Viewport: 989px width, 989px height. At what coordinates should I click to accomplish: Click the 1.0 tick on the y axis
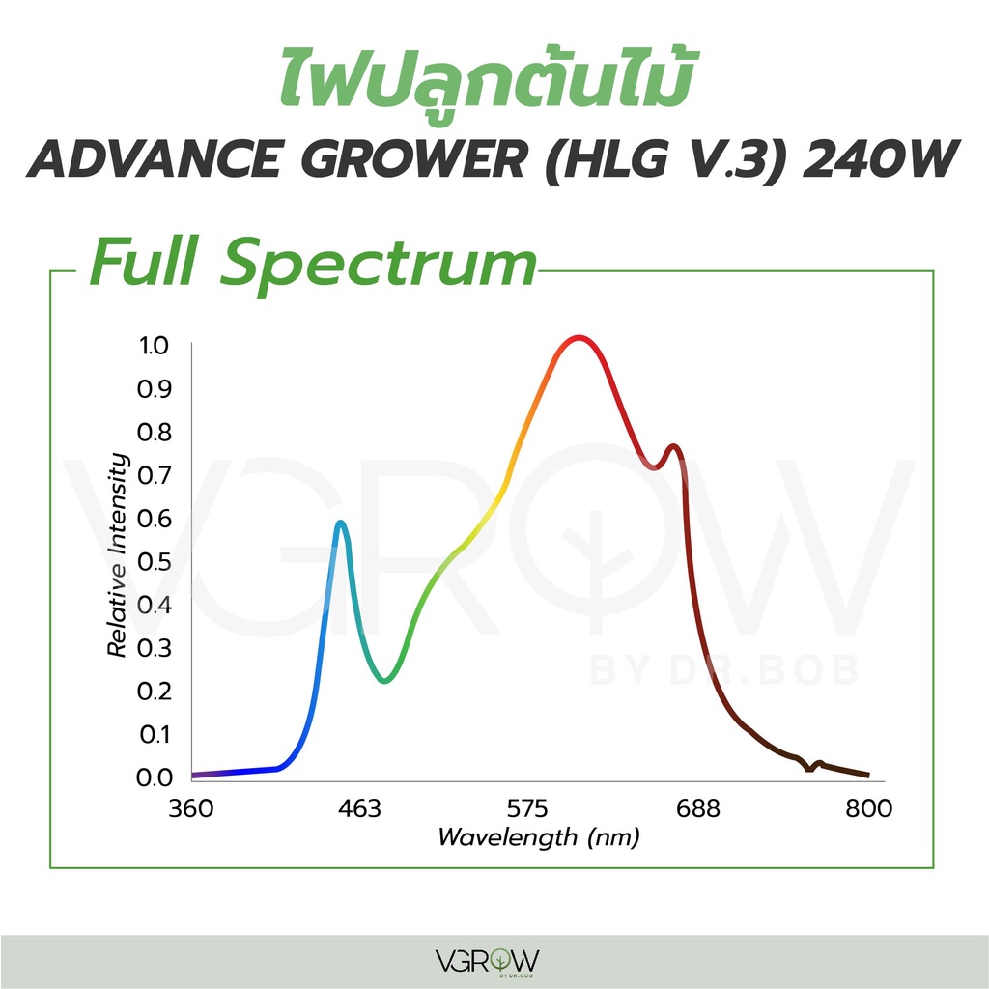point(154,345)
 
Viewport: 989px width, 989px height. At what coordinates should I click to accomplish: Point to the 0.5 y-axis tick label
point(154,561)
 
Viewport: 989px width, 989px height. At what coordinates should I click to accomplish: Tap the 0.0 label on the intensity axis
point(154,777)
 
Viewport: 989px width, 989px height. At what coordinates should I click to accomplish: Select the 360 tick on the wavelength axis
point(191,808)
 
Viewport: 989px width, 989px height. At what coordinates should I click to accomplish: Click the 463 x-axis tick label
point(359,808)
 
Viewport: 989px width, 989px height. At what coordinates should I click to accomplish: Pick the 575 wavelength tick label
point(528,808)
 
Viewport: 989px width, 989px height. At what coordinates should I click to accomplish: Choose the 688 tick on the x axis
point(697,808)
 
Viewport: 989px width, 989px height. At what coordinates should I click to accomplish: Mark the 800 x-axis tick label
point(868,808)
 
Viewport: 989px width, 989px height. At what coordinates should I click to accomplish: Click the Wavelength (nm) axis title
point(539,837)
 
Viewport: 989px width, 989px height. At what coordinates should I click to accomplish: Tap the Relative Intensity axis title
point(117,555)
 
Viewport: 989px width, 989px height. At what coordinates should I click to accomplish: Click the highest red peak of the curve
point(579,339)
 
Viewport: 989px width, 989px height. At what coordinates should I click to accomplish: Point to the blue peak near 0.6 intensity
point(341,523)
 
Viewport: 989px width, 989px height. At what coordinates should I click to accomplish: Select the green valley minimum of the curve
point(384,680)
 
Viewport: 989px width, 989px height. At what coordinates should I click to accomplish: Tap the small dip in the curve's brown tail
point(810,767)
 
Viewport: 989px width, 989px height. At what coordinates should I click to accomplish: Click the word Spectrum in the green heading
point(378,263)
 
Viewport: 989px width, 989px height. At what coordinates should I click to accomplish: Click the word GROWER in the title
point(417,159)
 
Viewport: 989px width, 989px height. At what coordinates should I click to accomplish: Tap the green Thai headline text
point(487,77)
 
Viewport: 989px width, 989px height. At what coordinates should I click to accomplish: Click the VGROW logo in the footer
point(488,962)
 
